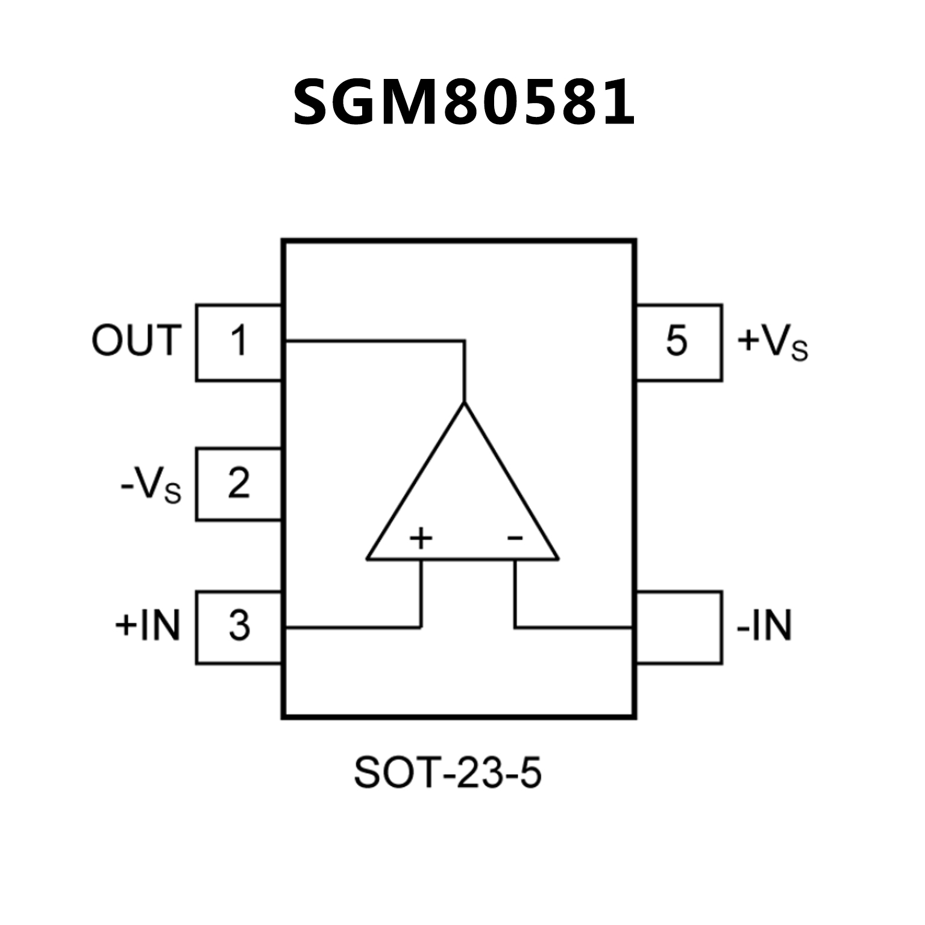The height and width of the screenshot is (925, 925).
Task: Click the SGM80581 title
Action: pyautogui.click(x=463, y=102)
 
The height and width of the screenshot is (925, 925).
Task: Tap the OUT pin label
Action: pyautogui.click(x=136, y=340)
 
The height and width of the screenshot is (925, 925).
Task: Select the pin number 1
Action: pyautogui.click(x=239, y=341)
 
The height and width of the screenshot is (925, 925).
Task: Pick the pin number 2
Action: pyautogui.click(x=239, y=483)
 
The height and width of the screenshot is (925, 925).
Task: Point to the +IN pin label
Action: pyautogui.click(x=148, y=626)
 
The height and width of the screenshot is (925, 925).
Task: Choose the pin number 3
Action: pyautogui.click(x=239, y=626)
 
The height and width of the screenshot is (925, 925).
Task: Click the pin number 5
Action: pyautogui.click(x=676, y=341)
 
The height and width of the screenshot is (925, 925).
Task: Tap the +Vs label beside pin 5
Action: pyautogui.click(x=772, y=342)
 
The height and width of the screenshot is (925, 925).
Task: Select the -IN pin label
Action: pyautogui.click(x=764, y=626)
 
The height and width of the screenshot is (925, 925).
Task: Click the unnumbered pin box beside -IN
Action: pyautogui.click(x=679, y=627)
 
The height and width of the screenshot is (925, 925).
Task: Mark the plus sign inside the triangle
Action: pyautogui.click(x=421, y=538)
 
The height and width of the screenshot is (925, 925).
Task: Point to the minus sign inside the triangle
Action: pyautogui.click(x=515, y=537)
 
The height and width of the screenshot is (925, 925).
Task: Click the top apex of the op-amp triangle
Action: pyautogui.click(x=464, y=403)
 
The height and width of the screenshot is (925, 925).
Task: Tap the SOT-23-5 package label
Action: pyautogui.click(x=448, y=773)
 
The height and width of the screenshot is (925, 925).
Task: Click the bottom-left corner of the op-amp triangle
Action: pyautogui.click(x=368, y=559)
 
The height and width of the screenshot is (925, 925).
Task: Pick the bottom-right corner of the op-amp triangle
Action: pyautogui.click(x=558, y=559)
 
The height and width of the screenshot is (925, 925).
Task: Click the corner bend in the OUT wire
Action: pyautogui.click(x=464, y=342)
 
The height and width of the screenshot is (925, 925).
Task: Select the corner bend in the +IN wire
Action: pyautogui.click(x=421, y=627)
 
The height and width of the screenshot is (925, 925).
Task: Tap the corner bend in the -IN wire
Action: pyautogui.click(x=515, y=627)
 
